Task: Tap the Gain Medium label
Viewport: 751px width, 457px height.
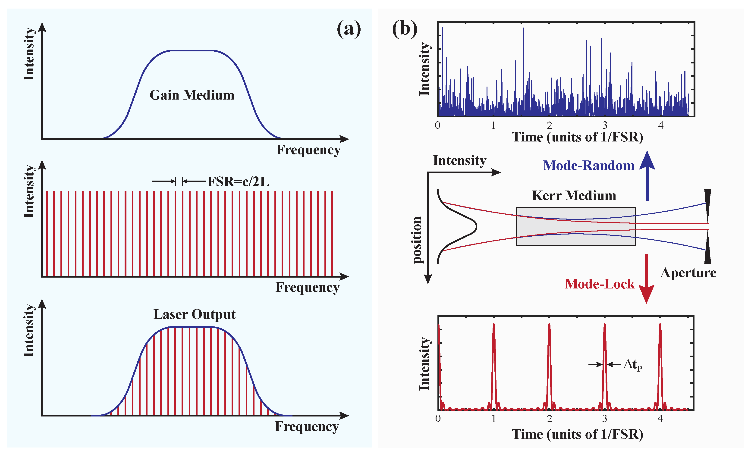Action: [x=192, y=95]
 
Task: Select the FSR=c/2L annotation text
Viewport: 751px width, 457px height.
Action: [x=238, y=182]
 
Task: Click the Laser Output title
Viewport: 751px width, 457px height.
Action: [x=195, y=314]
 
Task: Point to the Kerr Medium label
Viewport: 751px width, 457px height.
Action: [x=574, y=195]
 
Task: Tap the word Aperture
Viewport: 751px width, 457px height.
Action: [x=688, y=273]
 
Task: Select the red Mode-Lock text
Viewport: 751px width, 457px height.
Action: [x=599, y=284]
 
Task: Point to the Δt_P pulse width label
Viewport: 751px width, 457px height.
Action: [x=633, y=365]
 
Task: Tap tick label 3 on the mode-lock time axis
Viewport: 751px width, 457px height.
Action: [x=605, y=419]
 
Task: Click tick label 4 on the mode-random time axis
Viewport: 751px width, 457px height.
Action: [x=660, y=125]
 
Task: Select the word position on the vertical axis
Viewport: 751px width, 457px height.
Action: [x=417, y=240]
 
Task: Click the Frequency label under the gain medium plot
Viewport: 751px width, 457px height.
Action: [x=308, y=150]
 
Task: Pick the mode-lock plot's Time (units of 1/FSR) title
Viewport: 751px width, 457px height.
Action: [x=577, y=434]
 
